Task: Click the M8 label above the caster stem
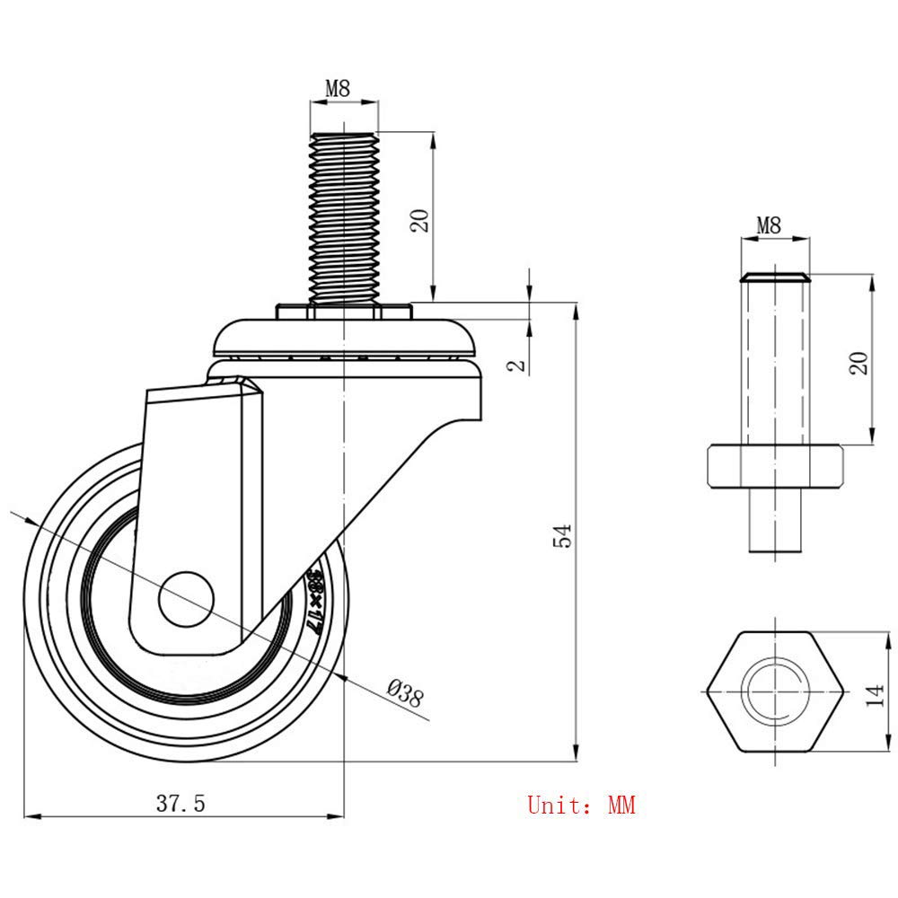337,88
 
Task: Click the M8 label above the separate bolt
768,225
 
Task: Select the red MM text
621,805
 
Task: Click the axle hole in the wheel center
186,596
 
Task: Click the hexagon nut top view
774,691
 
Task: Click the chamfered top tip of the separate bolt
774,276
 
